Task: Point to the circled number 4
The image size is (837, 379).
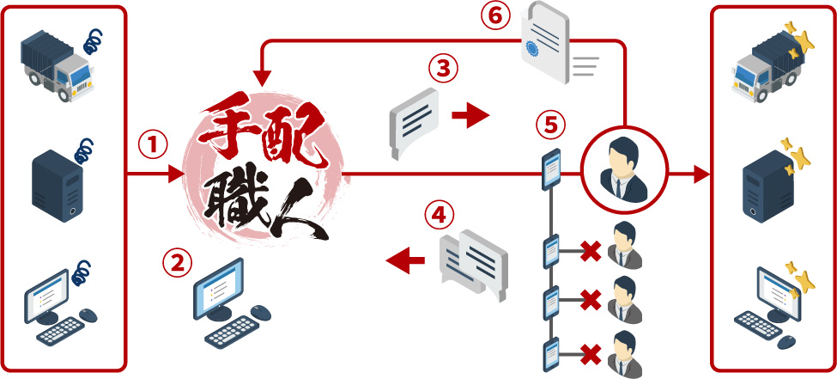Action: pyautogui.click(x=440, y=215)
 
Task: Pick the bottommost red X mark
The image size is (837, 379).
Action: pyautogui.click(x=590, y=352)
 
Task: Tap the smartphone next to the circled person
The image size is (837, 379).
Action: pyautogui.click(x=551, y=169)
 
